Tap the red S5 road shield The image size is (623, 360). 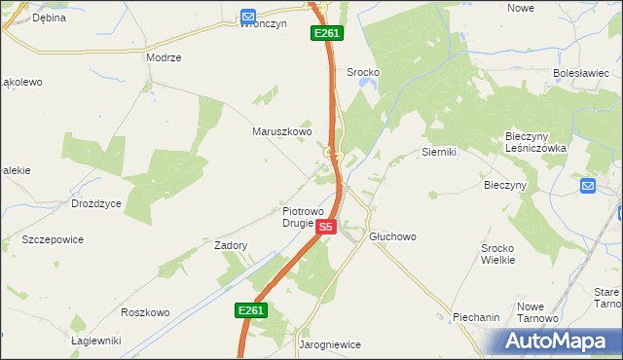point(326,227)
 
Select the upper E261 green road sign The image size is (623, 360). point(326,34)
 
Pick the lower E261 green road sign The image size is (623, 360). point(250,310)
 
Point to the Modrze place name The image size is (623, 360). point(164,57)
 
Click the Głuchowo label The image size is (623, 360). point(392,236)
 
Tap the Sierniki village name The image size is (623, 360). point(439,152)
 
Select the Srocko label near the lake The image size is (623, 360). point(362,72)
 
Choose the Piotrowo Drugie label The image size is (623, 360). point(311,216)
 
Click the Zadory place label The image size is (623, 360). point(231,246)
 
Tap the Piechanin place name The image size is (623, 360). point(476,317)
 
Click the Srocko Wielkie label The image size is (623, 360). point(504,254)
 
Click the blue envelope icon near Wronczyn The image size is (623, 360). point(248,17)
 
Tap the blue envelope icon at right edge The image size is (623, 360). point(587,185)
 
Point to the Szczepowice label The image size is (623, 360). point(53,239)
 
